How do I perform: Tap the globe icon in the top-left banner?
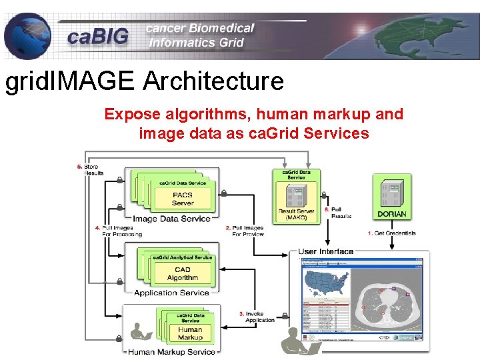tap(27, 37)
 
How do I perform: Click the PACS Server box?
tap(182, 199)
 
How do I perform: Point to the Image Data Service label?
tap(172, 219)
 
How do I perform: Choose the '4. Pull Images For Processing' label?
tap(119, 231)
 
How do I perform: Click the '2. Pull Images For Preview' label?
tap(245, 231)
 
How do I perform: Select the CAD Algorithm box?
tap(182, 273)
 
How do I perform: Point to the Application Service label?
tap(171, 293)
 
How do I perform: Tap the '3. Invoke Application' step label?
tap(257, 316)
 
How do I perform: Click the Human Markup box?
tap(190, 333)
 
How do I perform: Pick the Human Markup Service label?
tap(171, 351)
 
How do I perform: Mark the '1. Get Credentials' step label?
tap(392, 233)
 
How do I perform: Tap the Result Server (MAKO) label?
tap(296, 215)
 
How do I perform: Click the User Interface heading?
tap(326, 251)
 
